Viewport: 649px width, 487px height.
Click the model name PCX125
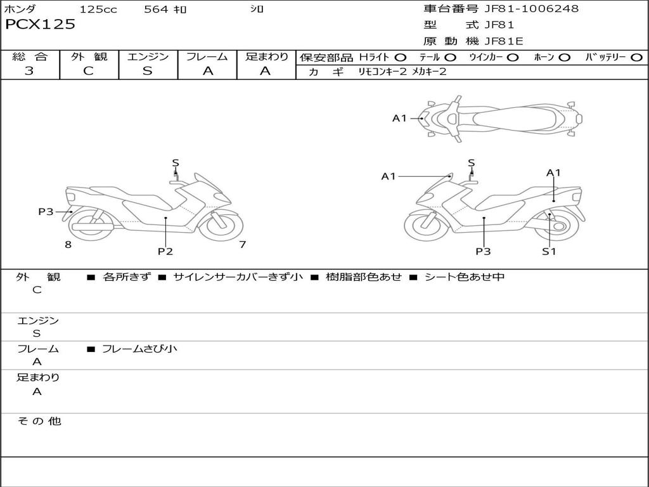tap(41, 25)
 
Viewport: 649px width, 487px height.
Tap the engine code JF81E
tap(504, 41)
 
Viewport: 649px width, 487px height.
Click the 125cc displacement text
tap(98, 10)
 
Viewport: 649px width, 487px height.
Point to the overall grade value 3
tap(29, 71)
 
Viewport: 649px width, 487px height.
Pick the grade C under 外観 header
tap(89, 71)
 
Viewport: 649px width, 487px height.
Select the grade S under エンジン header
tap(148, 71)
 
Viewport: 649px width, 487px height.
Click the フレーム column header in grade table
tap(207, 57)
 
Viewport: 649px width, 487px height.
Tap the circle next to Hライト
tap(401, 57)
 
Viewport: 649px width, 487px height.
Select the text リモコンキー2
tap(382, 72)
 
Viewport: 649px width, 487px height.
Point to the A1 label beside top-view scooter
tap(399, 118)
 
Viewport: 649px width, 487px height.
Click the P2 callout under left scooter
tap(165, 251)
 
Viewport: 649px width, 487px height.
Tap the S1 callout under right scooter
tap(549, 251)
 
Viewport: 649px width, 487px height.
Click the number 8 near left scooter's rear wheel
tap(68, 244)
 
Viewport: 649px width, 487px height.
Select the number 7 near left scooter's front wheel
tap(242, 244)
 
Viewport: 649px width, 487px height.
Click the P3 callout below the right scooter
tap(484, 251)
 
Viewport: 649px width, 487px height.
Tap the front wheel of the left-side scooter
tap(221, 224)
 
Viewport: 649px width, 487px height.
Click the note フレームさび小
tap(139, 349)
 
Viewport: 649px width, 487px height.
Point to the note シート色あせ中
tap(465, 277)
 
